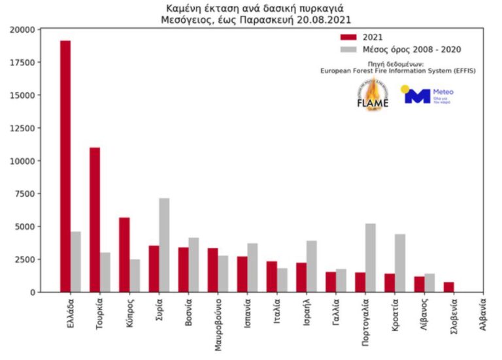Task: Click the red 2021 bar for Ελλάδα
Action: tap(65, 166)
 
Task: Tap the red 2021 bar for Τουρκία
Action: tap(95, 220)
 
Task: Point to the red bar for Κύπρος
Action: tap(124, 255)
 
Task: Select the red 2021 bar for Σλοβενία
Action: tap(449, 287)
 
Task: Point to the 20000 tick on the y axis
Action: tap(22, 29)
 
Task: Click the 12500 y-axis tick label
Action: tap(22, 128)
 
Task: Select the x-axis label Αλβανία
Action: tap(482, 317)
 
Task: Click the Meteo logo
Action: tap(428, 95)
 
